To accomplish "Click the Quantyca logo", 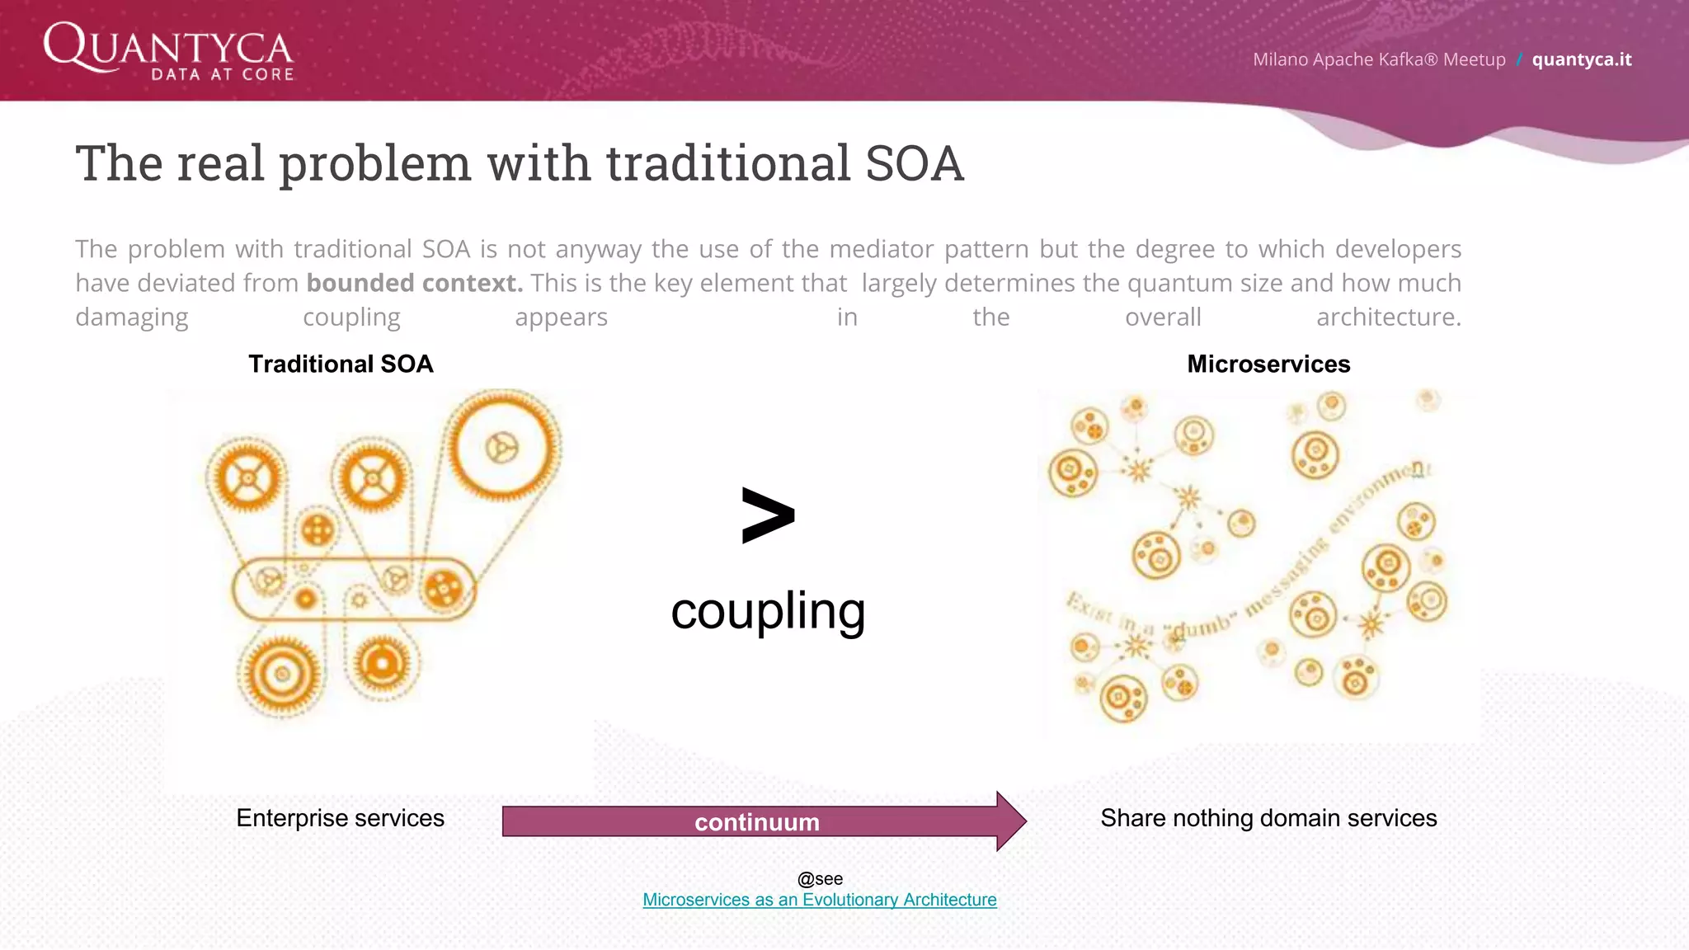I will [x=168, y=51].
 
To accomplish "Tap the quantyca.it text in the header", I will [x=1581, y=59].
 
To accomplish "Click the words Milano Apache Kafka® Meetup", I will [x=1378, y=59].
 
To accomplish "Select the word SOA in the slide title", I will [x=914, y=163].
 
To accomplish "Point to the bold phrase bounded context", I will [x=414, y=283].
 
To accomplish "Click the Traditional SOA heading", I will [x=341, y=364].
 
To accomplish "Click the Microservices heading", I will [x=1268, y=364].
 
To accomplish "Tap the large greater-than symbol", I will [x=767, y=515].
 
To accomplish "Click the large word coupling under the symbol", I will [x=767, y=611].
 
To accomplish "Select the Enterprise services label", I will [x=340, y=818].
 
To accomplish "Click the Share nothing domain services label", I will [x=1268, y=818].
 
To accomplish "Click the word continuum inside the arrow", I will [x=756, y=822].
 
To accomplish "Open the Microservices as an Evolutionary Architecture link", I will [x=819, y=900].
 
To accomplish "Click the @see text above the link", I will [x=820, y=879].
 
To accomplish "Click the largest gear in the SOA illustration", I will [x=501, y=446].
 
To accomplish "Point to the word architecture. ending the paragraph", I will [x=1388, y=317].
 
